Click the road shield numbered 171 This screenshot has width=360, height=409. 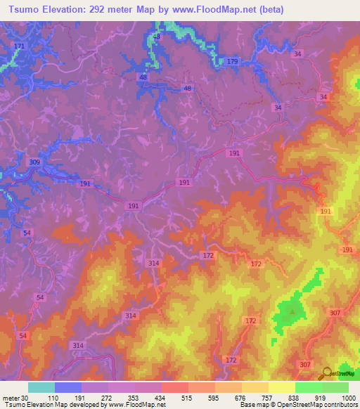[19, 46]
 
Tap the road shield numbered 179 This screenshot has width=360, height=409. [233, 62]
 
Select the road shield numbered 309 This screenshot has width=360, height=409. [35, 162]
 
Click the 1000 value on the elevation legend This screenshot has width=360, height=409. [348, 398]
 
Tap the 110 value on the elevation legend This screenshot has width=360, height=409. [53, 398]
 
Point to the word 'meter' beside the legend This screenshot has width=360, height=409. [11, 398]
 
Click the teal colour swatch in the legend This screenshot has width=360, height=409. [41, 387]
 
